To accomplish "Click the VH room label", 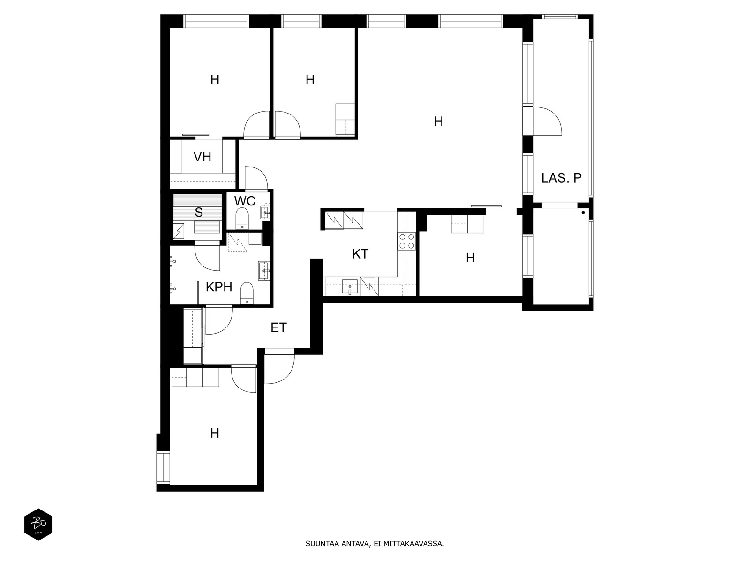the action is coord(202,157).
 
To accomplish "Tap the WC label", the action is coord(245,201).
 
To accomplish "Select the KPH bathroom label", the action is coord(219,287).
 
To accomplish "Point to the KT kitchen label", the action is coord(360,254).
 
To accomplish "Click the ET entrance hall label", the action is coord(278,328).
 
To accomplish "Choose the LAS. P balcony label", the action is coord(562,178).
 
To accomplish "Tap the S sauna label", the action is coord(199,212).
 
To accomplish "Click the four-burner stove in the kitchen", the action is coord(407,241).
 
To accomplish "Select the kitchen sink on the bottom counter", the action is coord(350,287).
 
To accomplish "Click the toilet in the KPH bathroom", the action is coord(247,293).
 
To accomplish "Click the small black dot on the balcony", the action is coord(583,213).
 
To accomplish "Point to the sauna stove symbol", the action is coord(179,231).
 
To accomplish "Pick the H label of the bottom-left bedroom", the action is coord(215,434).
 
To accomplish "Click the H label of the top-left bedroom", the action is coord(215,80).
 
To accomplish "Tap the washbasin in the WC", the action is coord(265,213).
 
